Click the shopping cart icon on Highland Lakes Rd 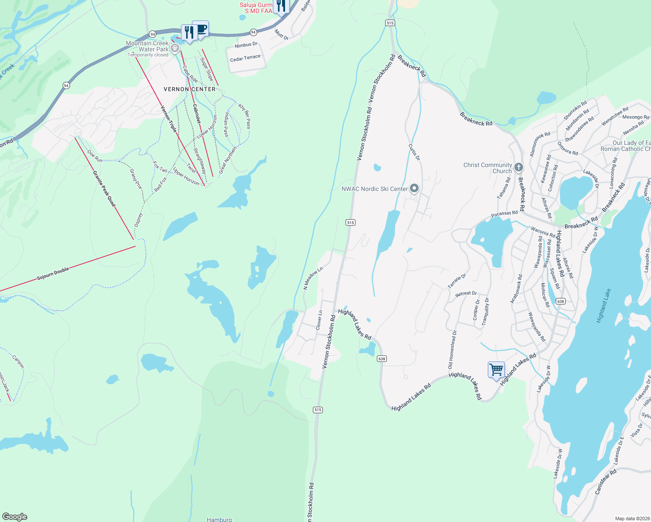coord(496,370)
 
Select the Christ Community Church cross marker coord(518,167)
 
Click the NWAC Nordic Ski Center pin coord(414,188)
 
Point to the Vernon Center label coord(189,89)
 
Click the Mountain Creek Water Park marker coord(175,48)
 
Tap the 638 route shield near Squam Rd coord(560,301)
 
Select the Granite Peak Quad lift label coord(104,188)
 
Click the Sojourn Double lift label coord(53,274)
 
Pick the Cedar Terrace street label coord(245,58)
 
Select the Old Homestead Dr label coord(453,350)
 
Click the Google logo coord(15,517)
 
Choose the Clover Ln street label coord(319,320)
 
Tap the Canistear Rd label coord(605,481)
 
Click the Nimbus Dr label coord(246,45)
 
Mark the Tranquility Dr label coord(486,311)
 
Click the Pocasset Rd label coord(504,214)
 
